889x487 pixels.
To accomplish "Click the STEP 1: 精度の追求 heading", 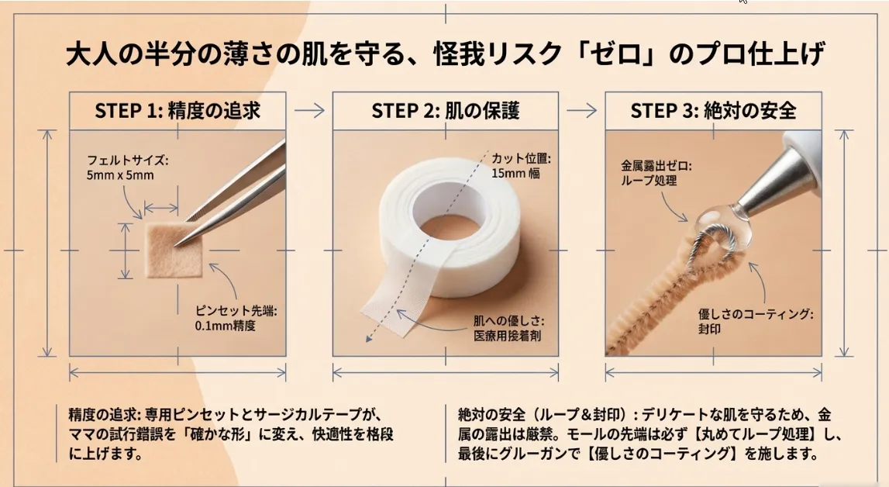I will point(177,111).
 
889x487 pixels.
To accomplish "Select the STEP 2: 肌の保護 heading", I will point(445,111).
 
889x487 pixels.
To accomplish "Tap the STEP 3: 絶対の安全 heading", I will point(713,111).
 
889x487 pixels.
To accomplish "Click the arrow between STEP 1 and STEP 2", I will point(309,110).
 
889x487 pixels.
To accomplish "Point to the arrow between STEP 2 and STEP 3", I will point(581,110).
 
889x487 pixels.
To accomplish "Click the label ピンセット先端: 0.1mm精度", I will point(236,318).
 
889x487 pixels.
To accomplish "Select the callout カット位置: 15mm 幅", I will point(520,165).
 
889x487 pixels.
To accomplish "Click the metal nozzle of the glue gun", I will point(767,185).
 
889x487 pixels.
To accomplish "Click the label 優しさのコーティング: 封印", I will point(755,321).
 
